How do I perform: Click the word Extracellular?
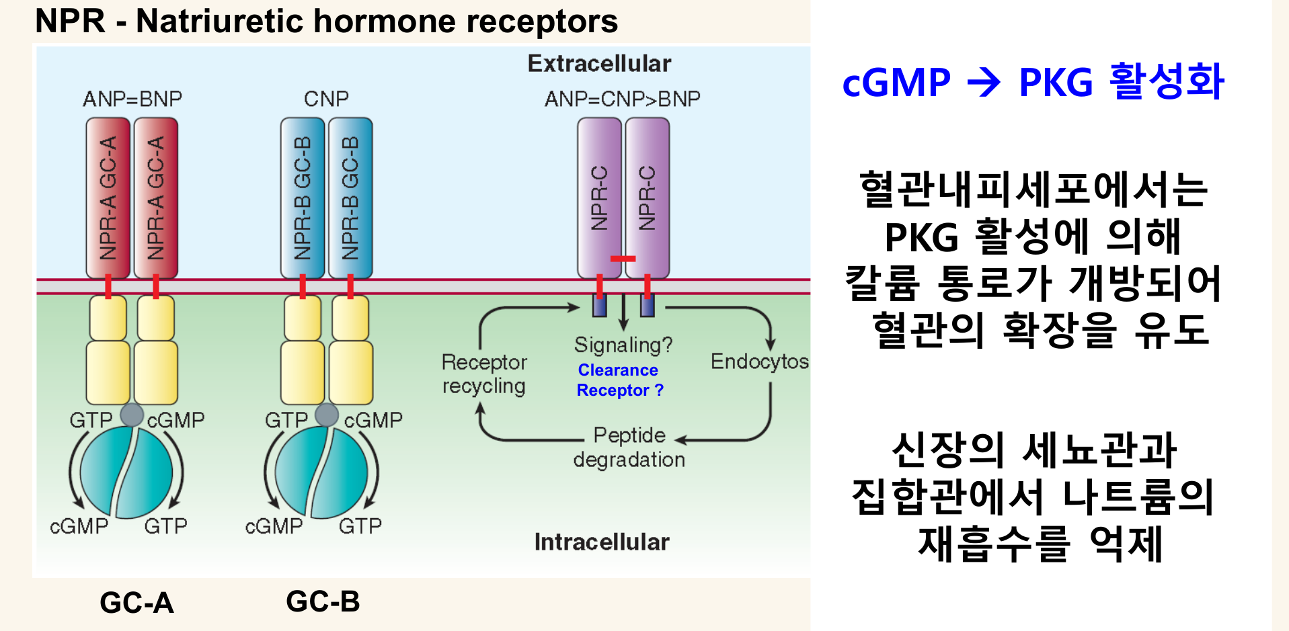point(599,64)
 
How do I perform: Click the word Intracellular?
point(602,542)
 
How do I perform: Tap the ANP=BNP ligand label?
point(132,99)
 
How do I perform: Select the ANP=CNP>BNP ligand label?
point(622,99)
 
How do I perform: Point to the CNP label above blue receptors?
point(326,99)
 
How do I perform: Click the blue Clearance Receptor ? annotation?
point(619,380)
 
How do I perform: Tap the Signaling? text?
point(623,345)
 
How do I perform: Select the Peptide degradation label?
point(629,447)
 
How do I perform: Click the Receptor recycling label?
point(484,374)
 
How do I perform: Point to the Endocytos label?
point(760,362)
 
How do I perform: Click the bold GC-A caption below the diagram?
point(136,603)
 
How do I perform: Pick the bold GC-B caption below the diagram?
point(323,601)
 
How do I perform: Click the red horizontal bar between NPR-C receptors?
point(623,259)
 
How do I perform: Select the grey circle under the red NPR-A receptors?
point(132,415)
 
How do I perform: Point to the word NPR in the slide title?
point(70,21)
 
